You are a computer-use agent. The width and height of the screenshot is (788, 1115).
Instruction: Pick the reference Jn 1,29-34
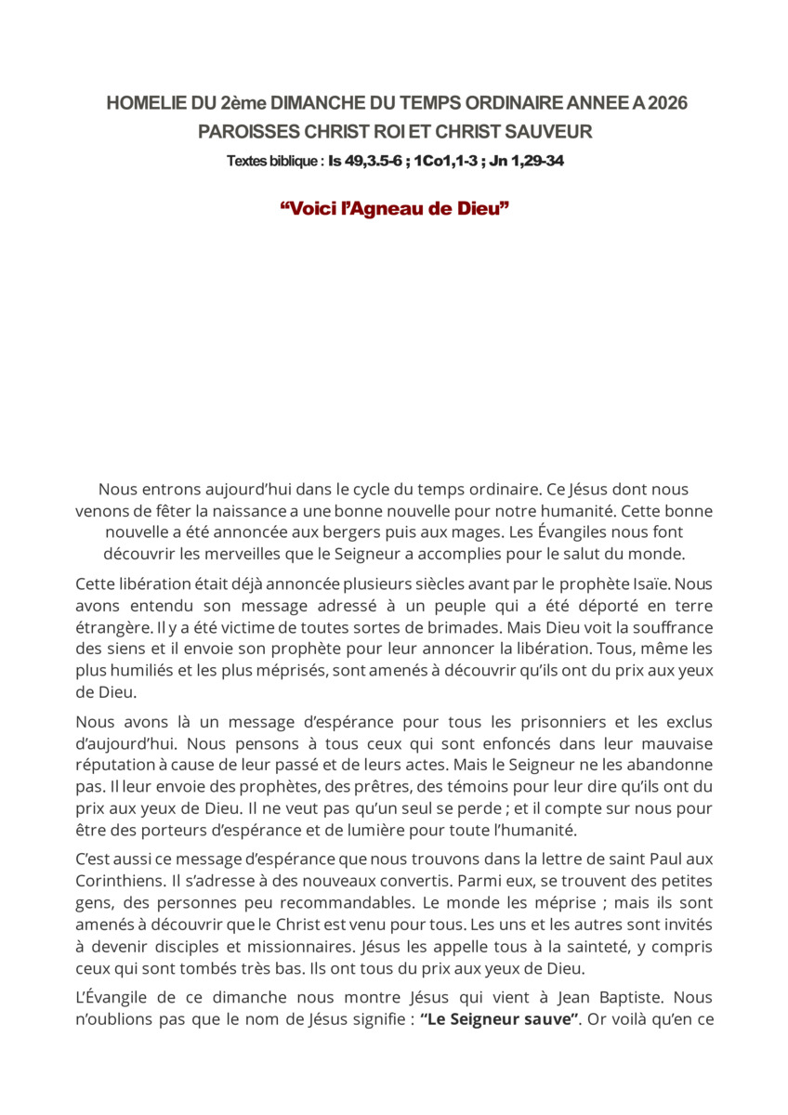click(x=527, y=161)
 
